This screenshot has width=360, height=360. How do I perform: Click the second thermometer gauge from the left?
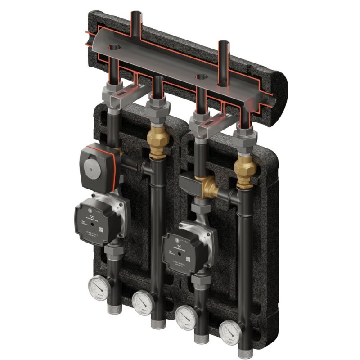pos(142,301)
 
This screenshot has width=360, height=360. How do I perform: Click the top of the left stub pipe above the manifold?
pos(135,13)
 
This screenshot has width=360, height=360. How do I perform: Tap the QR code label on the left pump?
pos(103,229)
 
